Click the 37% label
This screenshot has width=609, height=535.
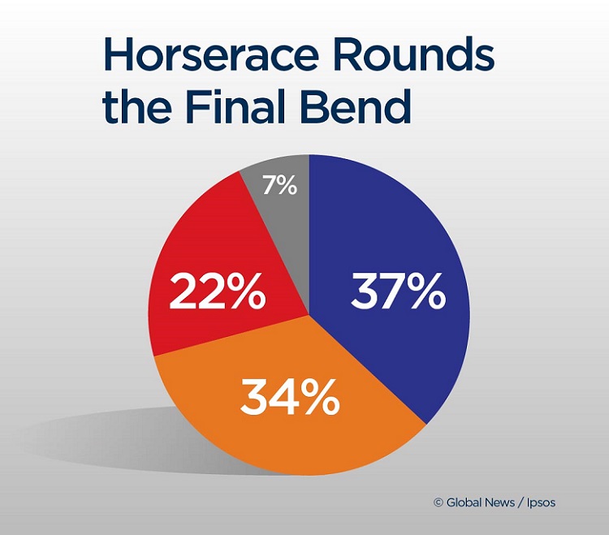coord(398,293)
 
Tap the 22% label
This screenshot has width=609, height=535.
coord(217,293)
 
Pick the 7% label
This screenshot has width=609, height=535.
coord(280,186)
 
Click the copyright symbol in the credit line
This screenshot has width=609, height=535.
coord(438,503)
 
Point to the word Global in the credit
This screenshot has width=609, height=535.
coord(464,503)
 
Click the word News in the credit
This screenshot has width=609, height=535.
coord(500,503)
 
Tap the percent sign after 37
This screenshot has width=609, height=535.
coord(425,293)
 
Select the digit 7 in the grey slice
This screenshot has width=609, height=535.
coord(271,186)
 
